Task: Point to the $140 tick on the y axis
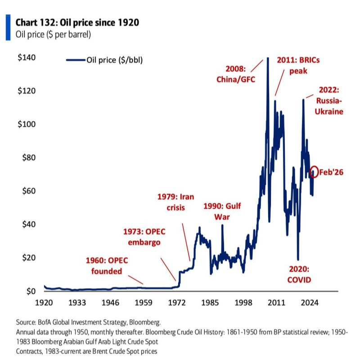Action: pyautogui.click(x=27, y=58)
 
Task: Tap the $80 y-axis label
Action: pyautogui.click(x=27, y=157)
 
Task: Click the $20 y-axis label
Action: pyautogui.click(x=27, y=258)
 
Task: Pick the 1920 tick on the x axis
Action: pyautogui.click(x=44, y=302)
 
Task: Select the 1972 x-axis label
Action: pyautogui.click(x=177, y=302)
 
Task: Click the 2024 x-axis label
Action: pyautogui.click(x=310, y=302)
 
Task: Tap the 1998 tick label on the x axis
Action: pyautogui.click(x=243, y=302)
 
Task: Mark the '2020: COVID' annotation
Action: pyautogui.click(x=299, y=274)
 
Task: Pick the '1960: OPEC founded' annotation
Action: pyautogui.click(x=107, y=266)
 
